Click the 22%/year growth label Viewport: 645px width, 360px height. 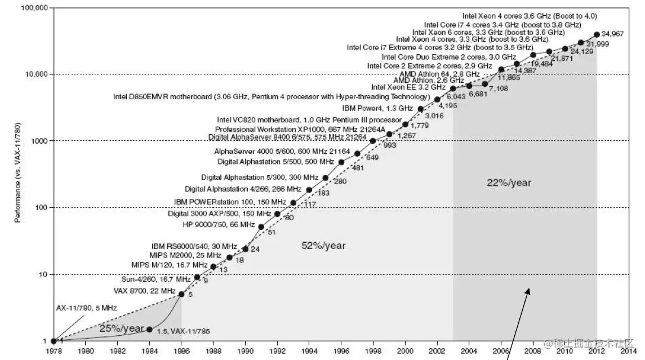pos(509,183)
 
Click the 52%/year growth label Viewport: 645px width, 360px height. pos(323,246)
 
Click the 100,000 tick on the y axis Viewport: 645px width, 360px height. pos(34,8)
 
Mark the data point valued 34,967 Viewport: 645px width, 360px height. pos(597,34)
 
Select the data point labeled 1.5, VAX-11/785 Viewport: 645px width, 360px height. pos(149,329)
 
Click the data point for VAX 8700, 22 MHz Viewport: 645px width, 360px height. pos(181,294)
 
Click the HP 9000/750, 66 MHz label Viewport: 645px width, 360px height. pos(219,224)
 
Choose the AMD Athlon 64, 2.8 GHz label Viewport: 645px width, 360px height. pos(439,74)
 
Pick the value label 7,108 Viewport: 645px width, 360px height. pos(499,88)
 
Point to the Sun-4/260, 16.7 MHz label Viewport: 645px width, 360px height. pos(156,279)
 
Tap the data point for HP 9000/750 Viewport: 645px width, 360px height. pos(261,226)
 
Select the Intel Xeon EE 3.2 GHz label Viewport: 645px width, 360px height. pos(408,87)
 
